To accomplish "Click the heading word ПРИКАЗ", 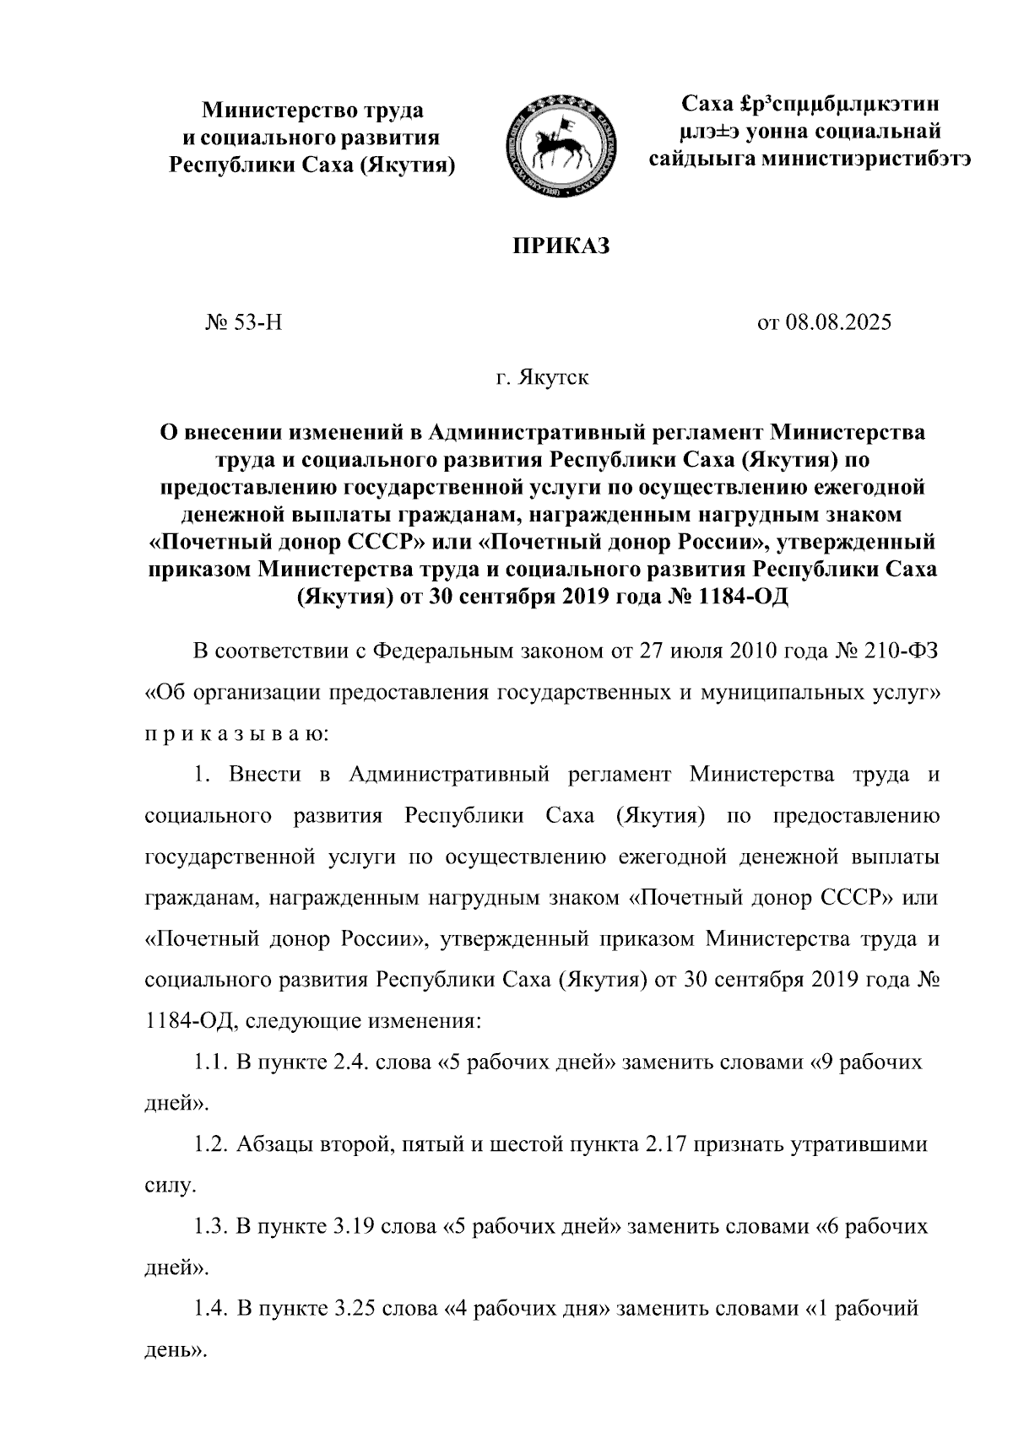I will pyautogui.click(x=561, y=246).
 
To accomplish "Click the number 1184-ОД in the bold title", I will pyautogui.click(x=739, y=596).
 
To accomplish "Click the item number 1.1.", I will pyautogui.click(x=210, y=1062).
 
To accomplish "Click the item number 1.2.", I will pyautogui.click(x=210, y=1145).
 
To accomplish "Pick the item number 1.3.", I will pyautogui.click(x=210, y=1227).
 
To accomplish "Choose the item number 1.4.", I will pyautogui.click(x=210, y=1310).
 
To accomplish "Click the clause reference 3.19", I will pyautogui.click(x=355, y=1227).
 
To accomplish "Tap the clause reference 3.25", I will pyautogui.click(x=355, y=1310).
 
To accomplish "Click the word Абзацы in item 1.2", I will pyautogui.click(x=276, y=1145).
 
